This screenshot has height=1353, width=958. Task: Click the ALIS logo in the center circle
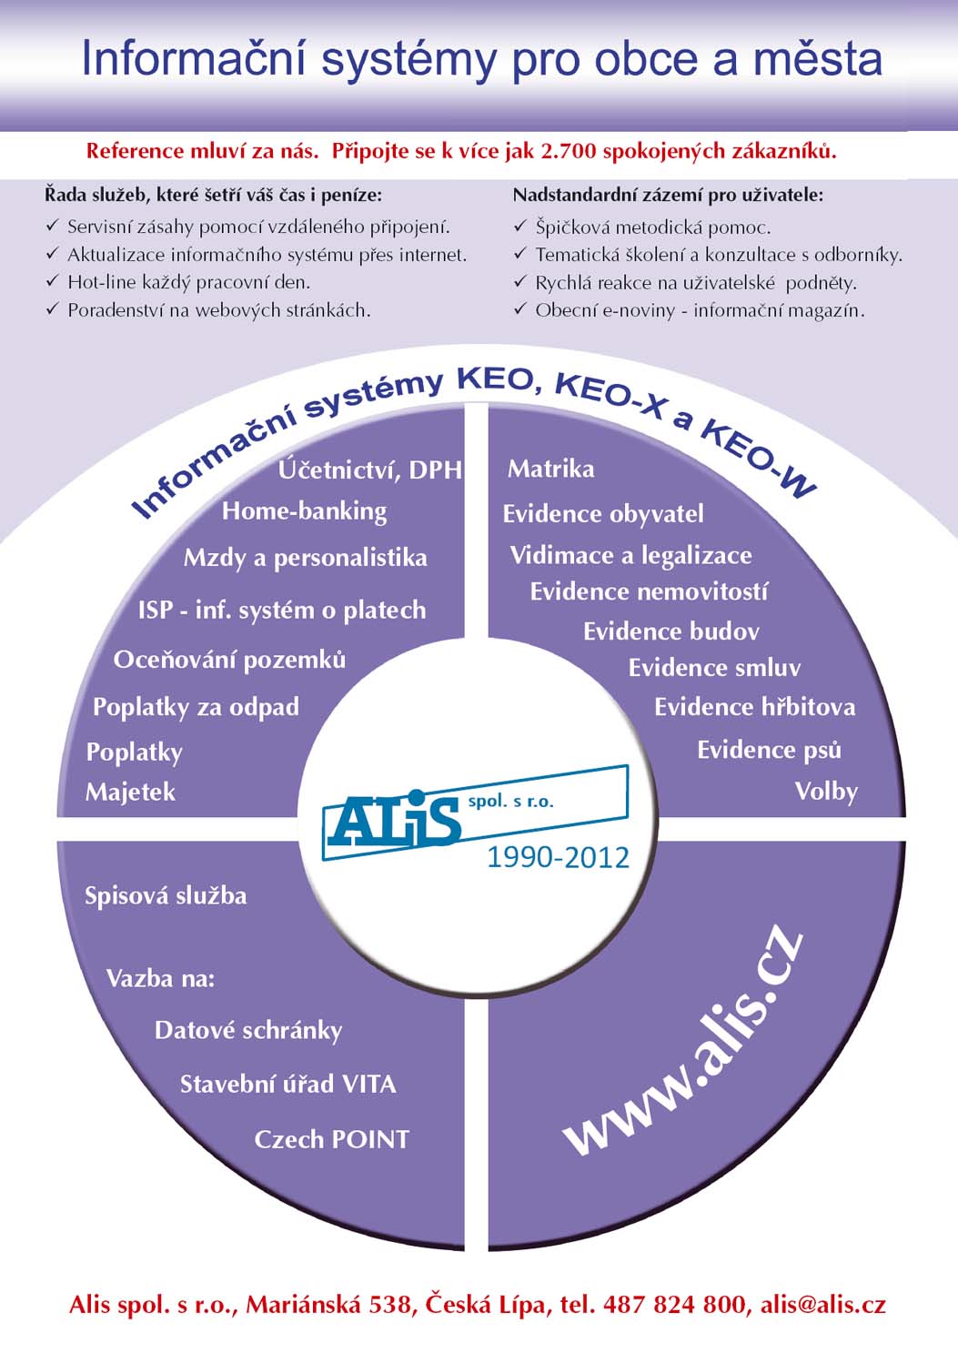(475, 813)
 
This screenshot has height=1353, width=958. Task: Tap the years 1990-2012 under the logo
(558, 858)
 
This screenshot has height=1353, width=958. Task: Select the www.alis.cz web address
(683, 1045)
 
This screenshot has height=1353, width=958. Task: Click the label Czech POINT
(331, 1140)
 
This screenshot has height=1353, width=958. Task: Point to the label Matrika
(551, 469)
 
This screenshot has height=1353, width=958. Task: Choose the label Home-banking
(305, 511)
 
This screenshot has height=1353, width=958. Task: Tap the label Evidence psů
(769, 750)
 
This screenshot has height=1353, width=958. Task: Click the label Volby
(826, 792)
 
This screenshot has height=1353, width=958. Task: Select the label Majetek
(130, 792)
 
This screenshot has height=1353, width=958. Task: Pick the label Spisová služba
(166, 895)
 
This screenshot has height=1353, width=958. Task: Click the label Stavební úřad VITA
(288, 1085)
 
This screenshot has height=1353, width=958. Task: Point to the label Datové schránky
(248, 1031)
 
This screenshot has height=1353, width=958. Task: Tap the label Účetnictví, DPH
(370, 470)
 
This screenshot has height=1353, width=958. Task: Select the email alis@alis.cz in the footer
(823, 1305)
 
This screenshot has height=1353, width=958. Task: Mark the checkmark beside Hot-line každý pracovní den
(53, 281)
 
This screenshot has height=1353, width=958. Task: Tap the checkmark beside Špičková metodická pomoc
(520, 227)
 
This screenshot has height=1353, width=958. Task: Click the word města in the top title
(818, 59)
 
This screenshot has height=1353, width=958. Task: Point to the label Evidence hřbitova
(755, 707)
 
